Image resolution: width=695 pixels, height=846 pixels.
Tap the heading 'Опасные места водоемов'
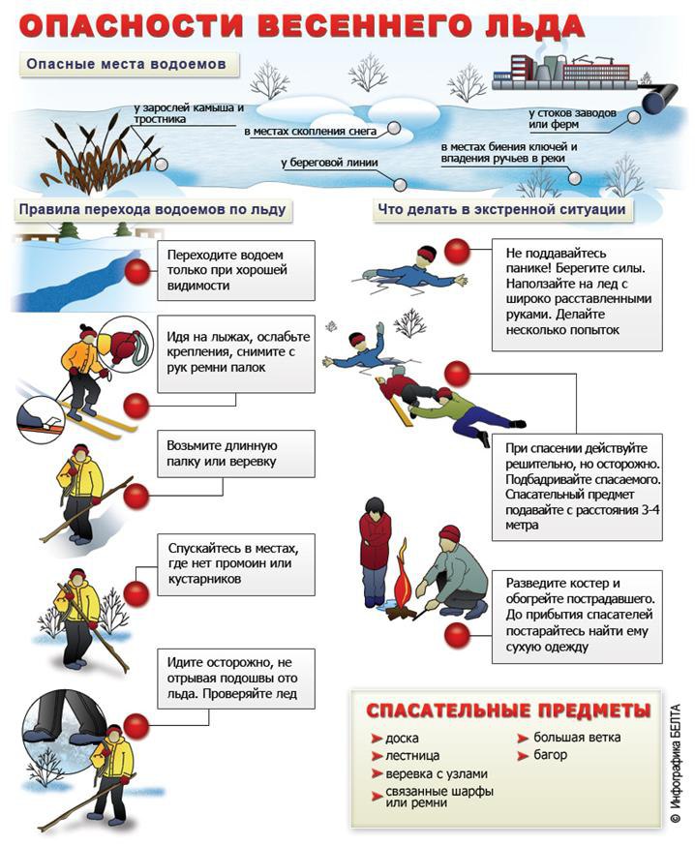[x=127, y=65]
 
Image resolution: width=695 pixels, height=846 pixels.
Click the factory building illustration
[x=561, y=70]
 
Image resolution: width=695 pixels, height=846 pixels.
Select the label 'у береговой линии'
[x=329, y=164]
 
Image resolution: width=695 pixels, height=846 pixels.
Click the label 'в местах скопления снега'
[x=314, y=130]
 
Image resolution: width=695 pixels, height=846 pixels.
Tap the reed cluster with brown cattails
[x=93, y=150]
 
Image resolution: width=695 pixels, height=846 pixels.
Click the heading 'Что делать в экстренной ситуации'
[x=499, y=209]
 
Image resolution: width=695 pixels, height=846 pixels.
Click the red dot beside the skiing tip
[x=137, y=405]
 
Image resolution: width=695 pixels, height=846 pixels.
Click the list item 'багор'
[x=551, y=755]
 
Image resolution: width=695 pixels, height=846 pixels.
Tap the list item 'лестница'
[x=412, y=755]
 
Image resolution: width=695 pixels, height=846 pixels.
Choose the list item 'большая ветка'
[x=577, y=738]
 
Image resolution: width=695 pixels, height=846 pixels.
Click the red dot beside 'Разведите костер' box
[x=456, y=635]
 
